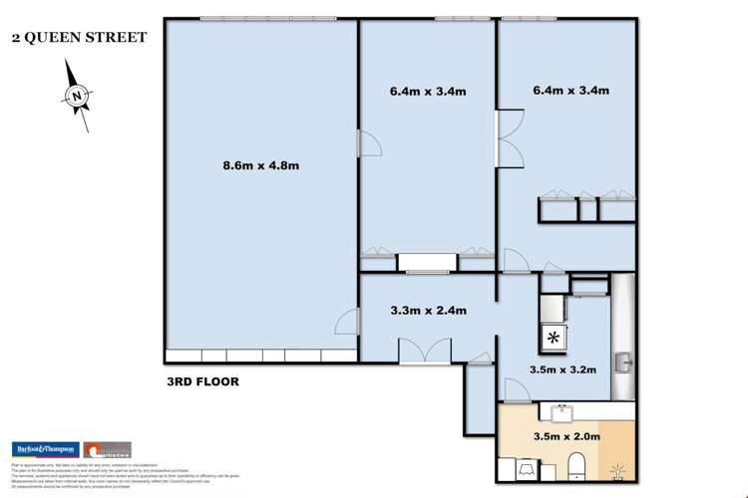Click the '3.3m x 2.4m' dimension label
click(428, 311)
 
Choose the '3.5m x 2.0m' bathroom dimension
click(566, 436)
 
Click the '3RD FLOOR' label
click(202, 381)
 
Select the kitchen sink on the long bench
click(624, 361)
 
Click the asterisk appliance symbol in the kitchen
click(552, 338)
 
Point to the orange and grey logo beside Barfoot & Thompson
click(107, 449)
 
